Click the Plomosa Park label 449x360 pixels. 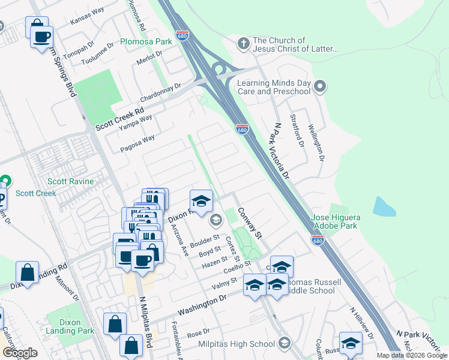point(146,41)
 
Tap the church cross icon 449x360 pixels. point(243,43)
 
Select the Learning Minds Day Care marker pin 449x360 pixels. point(319,87)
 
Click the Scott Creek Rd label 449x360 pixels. point(120,119)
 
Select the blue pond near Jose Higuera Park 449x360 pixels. point(384,206)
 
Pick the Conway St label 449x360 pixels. point(250,223)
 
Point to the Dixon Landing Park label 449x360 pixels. point(70,326)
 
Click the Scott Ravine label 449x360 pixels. point(71,181)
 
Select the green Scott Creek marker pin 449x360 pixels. point(5,180)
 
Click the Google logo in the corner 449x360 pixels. point(19,353)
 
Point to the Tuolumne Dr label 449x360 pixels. point(97,55)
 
